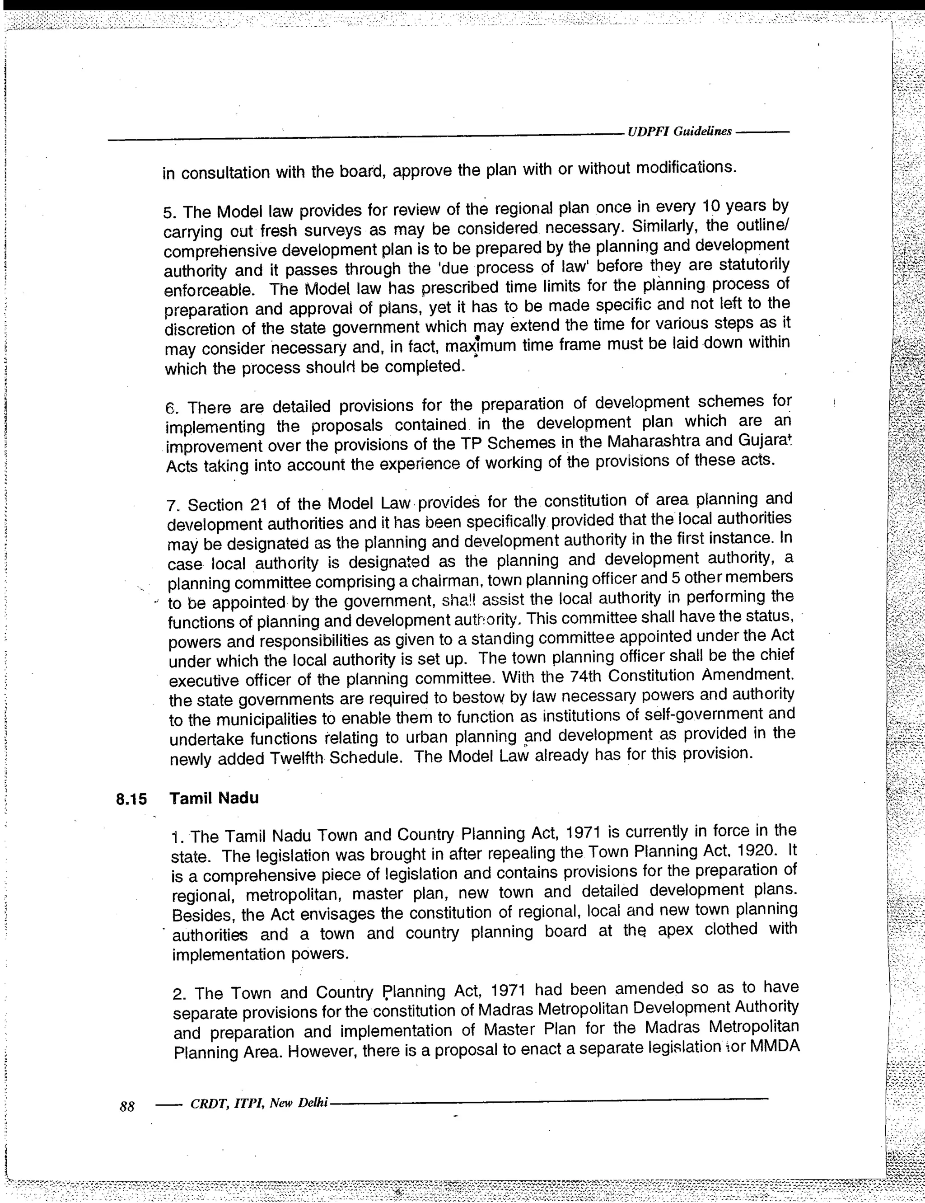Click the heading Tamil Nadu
click(214, 798)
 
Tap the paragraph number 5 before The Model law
click(169, 212)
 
